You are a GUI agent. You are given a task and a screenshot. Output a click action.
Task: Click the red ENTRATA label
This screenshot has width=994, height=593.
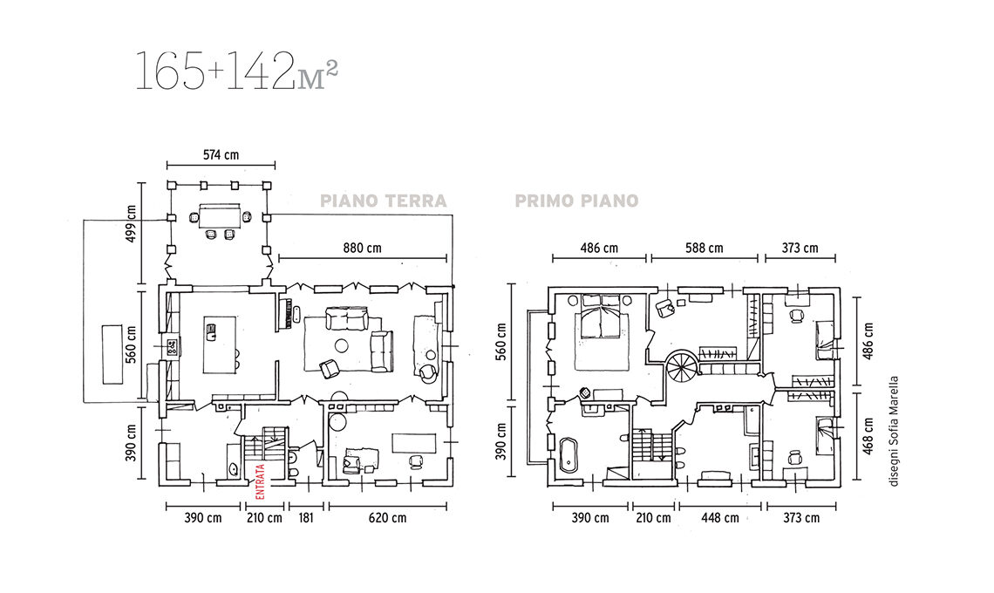260,482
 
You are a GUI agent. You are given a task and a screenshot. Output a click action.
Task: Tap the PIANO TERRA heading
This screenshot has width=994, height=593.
384,201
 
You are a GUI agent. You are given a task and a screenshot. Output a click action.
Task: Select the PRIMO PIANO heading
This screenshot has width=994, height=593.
577,201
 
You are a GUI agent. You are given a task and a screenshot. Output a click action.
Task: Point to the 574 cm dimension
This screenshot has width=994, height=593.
221,154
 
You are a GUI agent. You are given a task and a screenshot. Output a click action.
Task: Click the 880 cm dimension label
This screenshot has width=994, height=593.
363,248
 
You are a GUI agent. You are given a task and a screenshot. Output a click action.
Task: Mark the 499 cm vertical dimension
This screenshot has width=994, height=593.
131,223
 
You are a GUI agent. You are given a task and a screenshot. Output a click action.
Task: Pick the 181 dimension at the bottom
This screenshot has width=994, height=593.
306,517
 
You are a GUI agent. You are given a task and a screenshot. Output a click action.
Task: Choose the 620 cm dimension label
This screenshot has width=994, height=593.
388,517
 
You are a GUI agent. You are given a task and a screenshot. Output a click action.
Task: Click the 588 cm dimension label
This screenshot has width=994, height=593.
705,248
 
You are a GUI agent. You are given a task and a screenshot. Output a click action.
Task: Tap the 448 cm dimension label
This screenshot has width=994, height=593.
720,517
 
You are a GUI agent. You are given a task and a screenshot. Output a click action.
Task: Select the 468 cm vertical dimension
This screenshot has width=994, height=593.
868,435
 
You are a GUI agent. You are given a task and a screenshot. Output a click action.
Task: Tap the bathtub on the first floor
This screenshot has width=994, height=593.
568,454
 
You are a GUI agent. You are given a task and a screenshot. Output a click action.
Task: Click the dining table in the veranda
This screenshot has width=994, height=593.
220,215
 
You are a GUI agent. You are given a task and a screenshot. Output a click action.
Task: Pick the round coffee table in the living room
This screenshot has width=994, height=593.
343,345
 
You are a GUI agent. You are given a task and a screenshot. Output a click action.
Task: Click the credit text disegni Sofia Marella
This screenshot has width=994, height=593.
894,432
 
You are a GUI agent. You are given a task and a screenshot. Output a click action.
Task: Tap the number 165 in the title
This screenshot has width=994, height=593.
169,71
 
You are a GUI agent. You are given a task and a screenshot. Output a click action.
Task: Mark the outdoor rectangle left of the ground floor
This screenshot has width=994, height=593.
112,354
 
